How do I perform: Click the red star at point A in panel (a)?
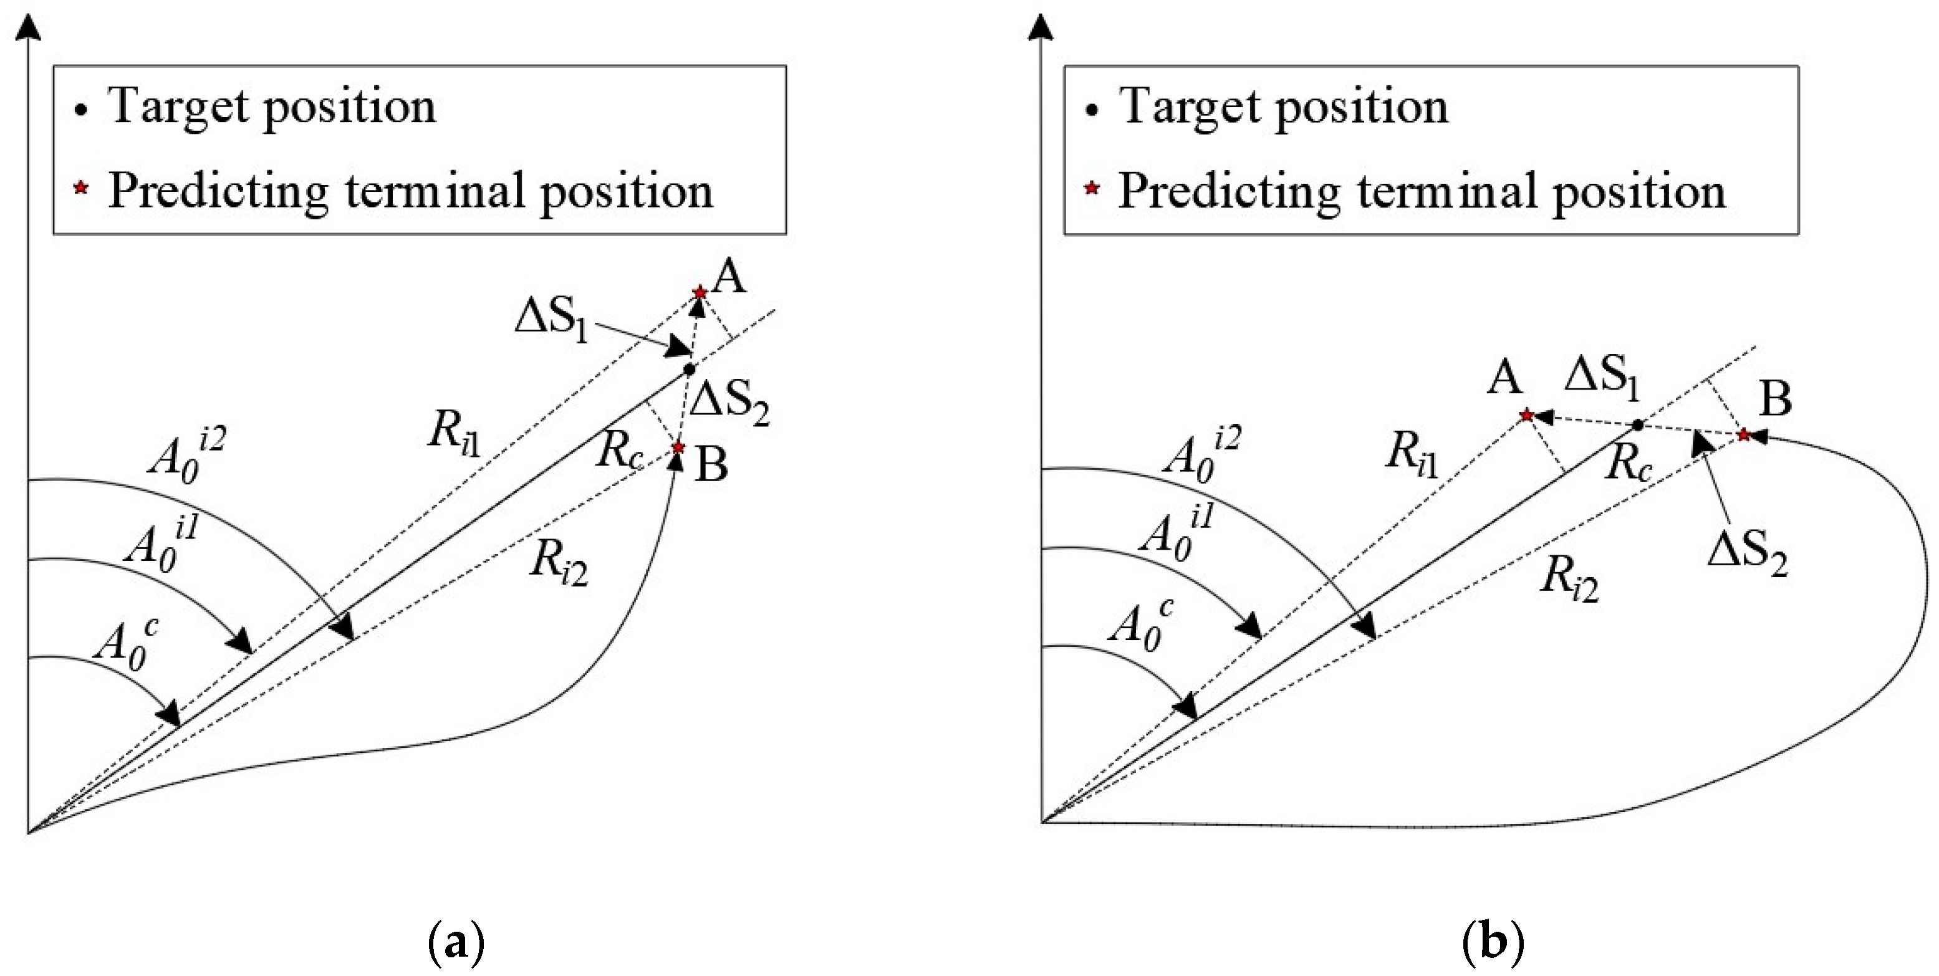pyautogui.click(x=700, y=292)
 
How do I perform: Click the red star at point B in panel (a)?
pyautogui.click(x=678, y=447)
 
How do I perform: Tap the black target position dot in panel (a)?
pyautogui.click(x=689, y=370)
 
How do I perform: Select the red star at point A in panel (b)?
pyautogui.click(x=1526, y=414)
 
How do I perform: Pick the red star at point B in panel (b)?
pyautogui.click(x=1743, y=434)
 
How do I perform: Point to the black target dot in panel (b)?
pyautogui.click(x=1637, y=425)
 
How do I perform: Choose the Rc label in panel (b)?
pyautogui.click(x=1628, y=464)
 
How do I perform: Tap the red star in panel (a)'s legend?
pyautogui.click(x=81, y=188)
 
